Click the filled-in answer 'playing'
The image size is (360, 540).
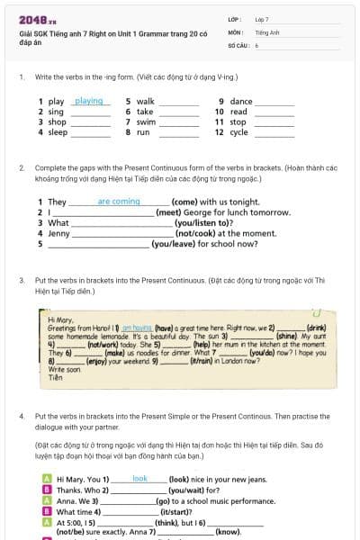(88, 102)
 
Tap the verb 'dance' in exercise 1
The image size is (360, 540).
(241, 102)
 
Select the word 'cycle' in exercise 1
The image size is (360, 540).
(238, 131)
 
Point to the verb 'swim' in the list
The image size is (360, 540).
(146, 121)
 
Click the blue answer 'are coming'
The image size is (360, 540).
(119, 202)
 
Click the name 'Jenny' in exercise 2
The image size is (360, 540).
(58, 233)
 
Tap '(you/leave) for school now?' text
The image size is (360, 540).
(202, 243)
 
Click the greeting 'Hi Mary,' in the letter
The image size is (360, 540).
(59, 319)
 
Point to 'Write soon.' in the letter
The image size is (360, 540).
(62, 370)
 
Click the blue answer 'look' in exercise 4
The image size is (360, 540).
(139, 479)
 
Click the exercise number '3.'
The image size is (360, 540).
(22, 281)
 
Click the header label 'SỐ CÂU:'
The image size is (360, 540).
(238, 44)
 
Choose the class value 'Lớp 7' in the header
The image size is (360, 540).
(262, 19)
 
